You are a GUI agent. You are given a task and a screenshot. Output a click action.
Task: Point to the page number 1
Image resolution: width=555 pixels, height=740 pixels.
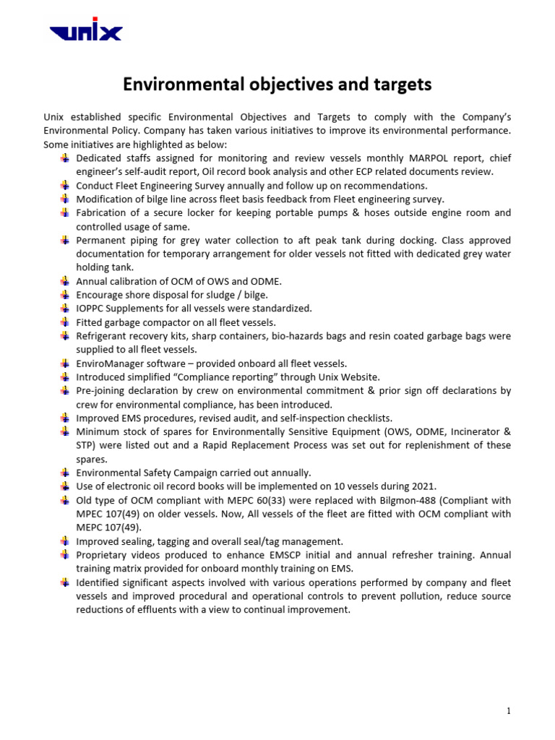tap(509, 711)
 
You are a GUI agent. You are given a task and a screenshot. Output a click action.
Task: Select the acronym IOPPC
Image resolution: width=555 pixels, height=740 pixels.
tap(92, 309)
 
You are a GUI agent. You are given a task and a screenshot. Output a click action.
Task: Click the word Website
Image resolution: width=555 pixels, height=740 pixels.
tap(358, 377)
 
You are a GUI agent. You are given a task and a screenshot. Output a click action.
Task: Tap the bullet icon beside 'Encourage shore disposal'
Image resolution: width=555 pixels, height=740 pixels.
tap(66, 295)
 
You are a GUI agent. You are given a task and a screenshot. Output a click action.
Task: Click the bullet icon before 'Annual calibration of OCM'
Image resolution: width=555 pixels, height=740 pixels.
tap(66, 281)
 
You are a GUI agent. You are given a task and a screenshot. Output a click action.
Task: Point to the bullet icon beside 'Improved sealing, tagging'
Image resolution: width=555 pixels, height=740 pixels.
tap(66, 541)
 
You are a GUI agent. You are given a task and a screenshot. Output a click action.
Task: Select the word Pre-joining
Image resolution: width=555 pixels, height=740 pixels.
tap(103, 391)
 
